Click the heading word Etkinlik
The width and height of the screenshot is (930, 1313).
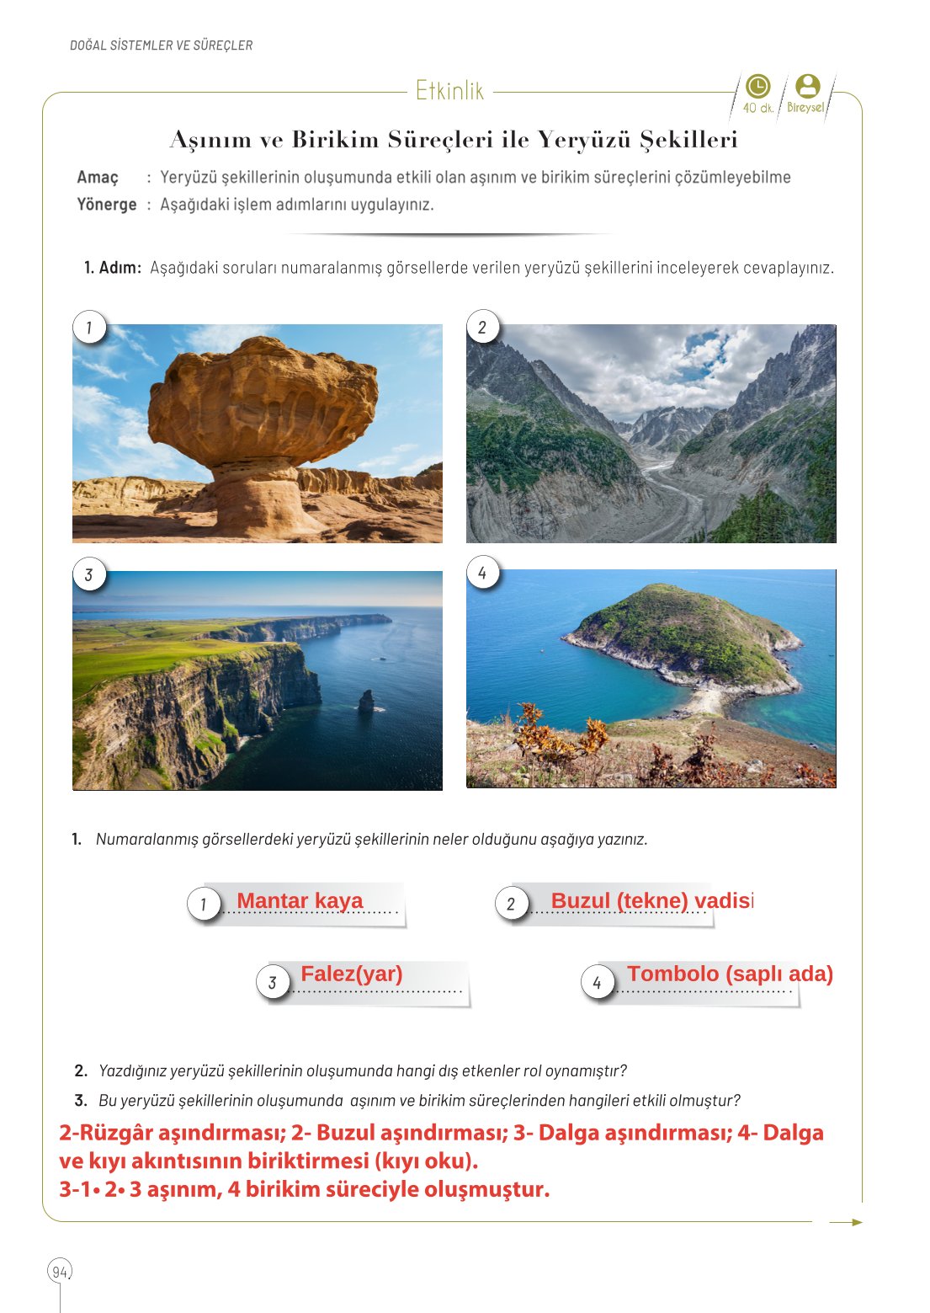[x=449, y=91]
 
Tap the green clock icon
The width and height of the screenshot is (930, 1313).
[x=757, y=87]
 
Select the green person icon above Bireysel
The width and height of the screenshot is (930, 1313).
[x=807, y=86]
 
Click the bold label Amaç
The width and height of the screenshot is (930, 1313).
[x=98, y=178]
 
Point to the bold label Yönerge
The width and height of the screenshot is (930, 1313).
[x=107, y=205]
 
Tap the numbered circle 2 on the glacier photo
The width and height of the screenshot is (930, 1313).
[x=482, y=328]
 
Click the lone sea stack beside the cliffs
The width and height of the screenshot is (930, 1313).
[x=366, y=700]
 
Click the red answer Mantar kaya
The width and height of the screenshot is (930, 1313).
[x=300, y=901]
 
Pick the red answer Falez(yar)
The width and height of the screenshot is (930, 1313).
[x=351, y=974]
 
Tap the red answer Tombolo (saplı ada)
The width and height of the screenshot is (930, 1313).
[x=730, y=974]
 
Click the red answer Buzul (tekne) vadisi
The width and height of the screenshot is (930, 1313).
[x=651, y=901]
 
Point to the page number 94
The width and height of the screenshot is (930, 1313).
[x=60, y=1272]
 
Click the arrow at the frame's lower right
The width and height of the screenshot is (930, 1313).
[x=846, y=1222]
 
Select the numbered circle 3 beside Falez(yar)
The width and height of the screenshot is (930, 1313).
[x=273, y=982]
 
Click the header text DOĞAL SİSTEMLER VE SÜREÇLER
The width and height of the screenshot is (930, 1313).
[x=162, y=45]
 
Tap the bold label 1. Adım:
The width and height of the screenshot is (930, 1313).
[x=113, y=269]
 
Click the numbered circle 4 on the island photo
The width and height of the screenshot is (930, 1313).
[x=482, y=574]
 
